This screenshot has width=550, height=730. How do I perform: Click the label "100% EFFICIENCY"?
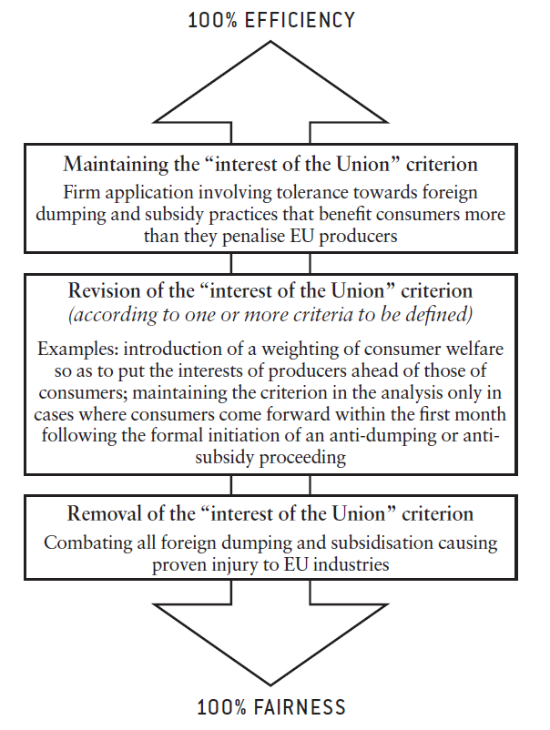(271, 19)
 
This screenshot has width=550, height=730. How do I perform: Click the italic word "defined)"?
(439, 314)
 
